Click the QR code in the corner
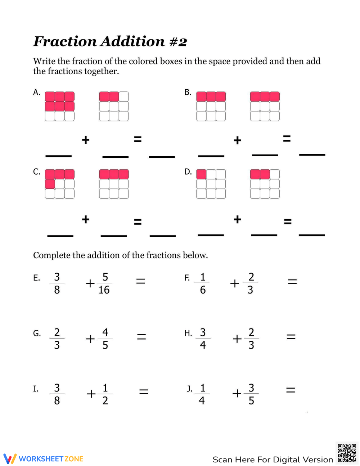coord(347,453)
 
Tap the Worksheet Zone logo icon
coord(10,458)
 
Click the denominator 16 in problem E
coord(104,290)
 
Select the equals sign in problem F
coord(292,282)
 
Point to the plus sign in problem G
coord(90,339)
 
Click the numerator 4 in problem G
coord(105,332)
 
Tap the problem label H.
coord(188,333)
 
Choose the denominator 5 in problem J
coord(251,400)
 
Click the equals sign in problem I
coord(144,391)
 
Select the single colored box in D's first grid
coord(202,174)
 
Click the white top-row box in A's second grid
coord(124,97)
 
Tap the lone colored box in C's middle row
coord(50,184)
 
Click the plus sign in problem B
coord(237,140)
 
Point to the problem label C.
coord(37,172)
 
